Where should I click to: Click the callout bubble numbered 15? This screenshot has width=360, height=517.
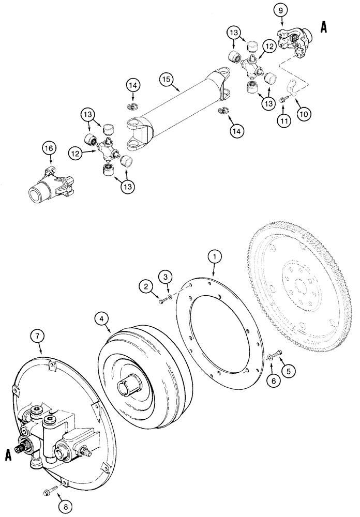pos(166,81)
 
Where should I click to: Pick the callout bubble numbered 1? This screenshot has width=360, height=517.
pos(214,256)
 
